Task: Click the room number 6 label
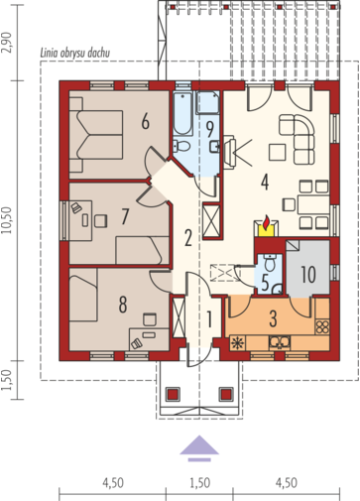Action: coord(146,122)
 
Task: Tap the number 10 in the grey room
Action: coord(308,274)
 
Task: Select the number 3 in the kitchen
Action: coord(273,318)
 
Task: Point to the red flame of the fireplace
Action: coord(266,222)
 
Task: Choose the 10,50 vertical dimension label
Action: coord(7,220)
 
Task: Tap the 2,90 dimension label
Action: coord(7,43)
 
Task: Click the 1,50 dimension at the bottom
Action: coord(200,483)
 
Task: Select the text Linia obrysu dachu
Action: coord(75,53)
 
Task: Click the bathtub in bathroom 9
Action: coord(183,114)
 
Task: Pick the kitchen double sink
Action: coord(280,343)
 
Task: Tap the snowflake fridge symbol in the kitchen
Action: coord(237,343)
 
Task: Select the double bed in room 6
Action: coord(96,135)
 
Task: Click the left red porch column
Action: coord(173,394)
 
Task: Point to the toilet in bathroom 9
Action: coord(181,146)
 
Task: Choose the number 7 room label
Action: coord(125,216)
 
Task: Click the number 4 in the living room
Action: coord(265,182)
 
